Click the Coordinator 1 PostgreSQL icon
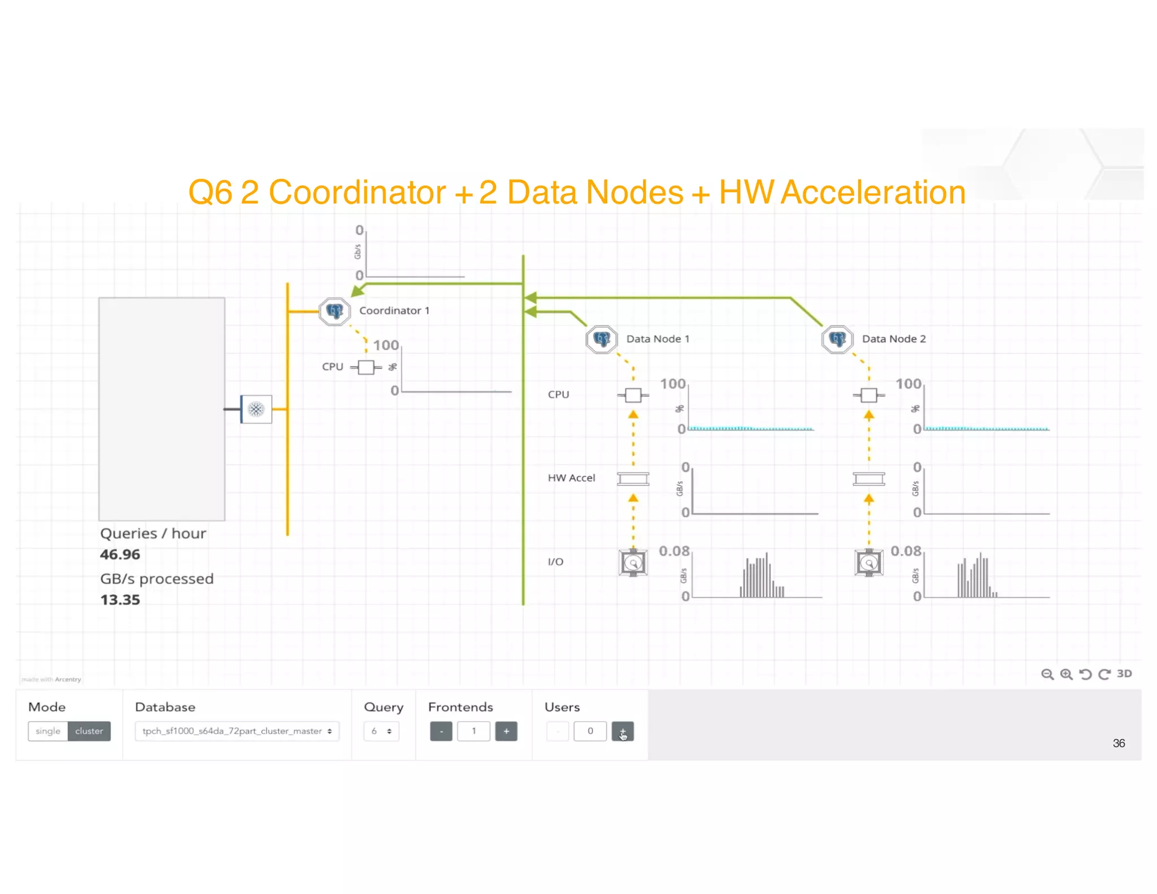(x=334, y=311)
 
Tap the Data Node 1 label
(x=658, y=339)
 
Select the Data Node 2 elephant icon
(x=837, y=339)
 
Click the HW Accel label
(x=571, y=478)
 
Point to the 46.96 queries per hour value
(x=120, y=554)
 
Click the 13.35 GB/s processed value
(x=120, y=600)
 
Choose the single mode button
(x=48, y=731)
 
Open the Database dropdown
(x=237, y=731)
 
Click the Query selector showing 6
(x=381, y=731)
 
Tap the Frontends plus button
(x=506, y=731)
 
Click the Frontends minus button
(x=441, y=731)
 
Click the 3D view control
(x=1124, y=674)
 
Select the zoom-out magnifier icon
(x=1047, y=674)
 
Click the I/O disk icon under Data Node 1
(x=633, y=563)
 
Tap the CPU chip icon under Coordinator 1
(x=366, y=367)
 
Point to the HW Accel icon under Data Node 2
(x=868, y=479)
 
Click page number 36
(x=1119, y=743)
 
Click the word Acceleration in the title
(x=873, y=192)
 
